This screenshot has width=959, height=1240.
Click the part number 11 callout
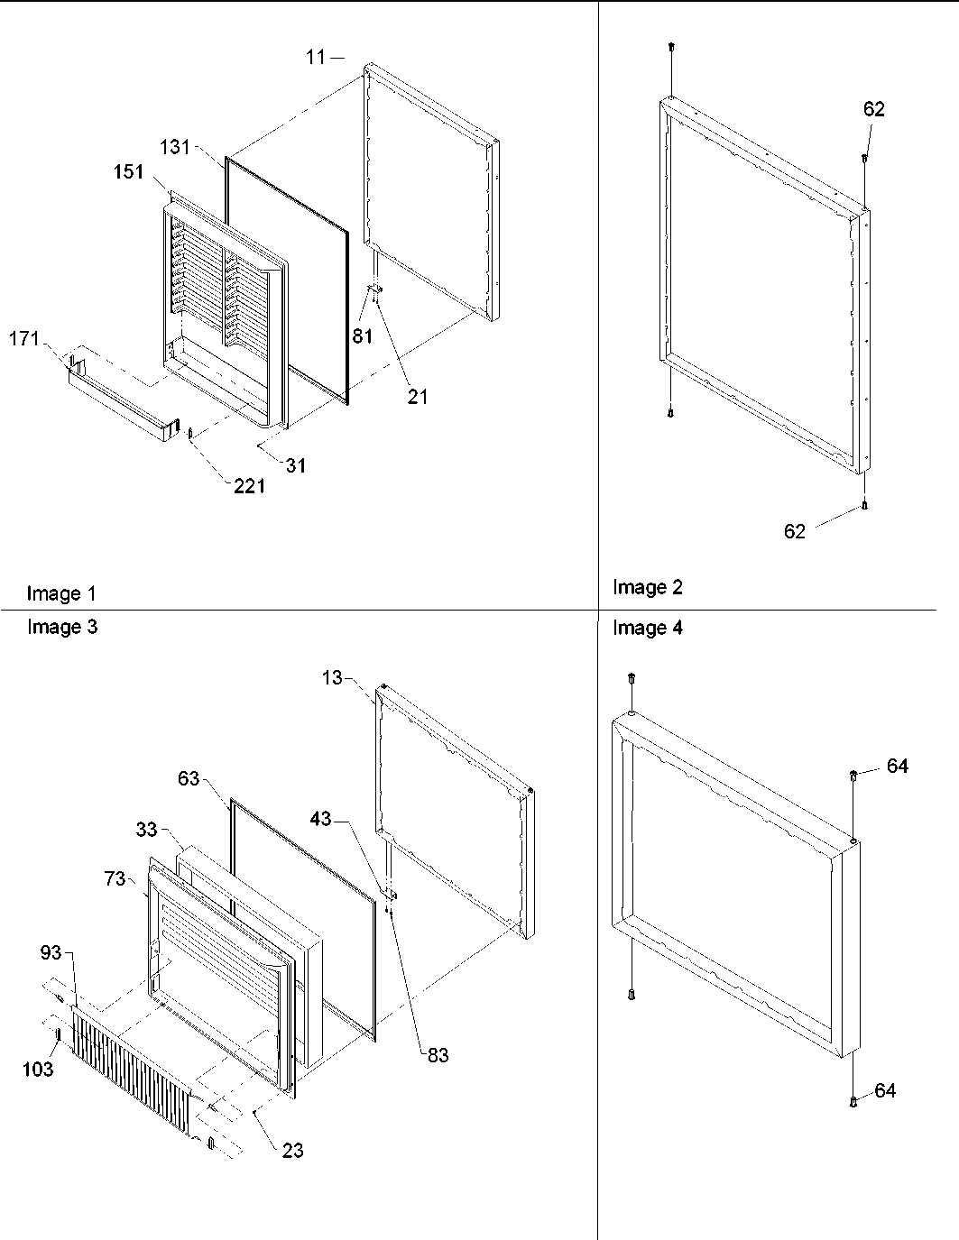[314, 57]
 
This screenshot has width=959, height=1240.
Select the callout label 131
[175, 147]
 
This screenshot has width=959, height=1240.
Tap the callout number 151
[128, 171]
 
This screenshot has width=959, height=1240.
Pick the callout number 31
[296, 465]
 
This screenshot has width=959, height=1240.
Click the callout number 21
[417, 396]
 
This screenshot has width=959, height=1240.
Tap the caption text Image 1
[61, 593]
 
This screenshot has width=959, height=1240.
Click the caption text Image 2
[648, 587]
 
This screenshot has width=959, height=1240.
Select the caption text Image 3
[62, 627]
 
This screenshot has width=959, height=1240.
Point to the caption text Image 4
[648, 628]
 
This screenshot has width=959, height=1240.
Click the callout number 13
[332, 676]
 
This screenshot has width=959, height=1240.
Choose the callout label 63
[188, 779]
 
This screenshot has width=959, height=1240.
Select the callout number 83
[438, 1055]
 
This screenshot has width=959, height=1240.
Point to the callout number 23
[292, 1150]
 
